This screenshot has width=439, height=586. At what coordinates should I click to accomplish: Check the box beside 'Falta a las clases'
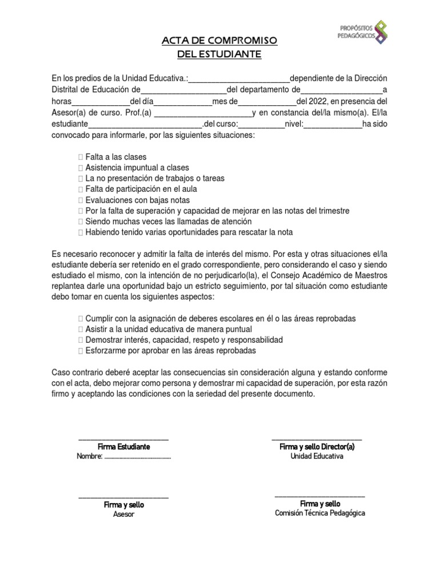(x=81, y=157)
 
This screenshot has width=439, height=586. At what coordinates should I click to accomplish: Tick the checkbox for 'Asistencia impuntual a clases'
(x=81, y=168)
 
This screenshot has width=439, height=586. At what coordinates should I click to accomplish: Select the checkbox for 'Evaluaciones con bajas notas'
(x=81, y=200)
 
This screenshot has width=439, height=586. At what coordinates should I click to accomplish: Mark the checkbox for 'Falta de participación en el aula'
(x=81, y=189)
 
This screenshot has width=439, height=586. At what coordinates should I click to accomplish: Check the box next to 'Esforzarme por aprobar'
(x=81, y=351)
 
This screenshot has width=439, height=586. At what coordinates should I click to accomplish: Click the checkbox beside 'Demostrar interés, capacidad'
(x=81, y=340)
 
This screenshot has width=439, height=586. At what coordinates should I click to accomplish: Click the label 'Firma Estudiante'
(x=123, y=446)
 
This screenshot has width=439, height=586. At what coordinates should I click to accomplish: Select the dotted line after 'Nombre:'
(x=138, y=457)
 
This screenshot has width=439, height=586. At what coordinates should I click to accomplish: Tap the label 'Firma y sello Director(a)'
(x=317, y=446)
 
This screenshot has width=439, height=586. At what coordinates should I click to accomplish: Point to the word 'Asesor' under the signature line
(x=123, y=514)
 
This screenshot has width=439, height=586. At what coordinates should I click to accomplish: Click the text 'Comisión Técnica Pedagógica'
(x=320, y=513)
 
